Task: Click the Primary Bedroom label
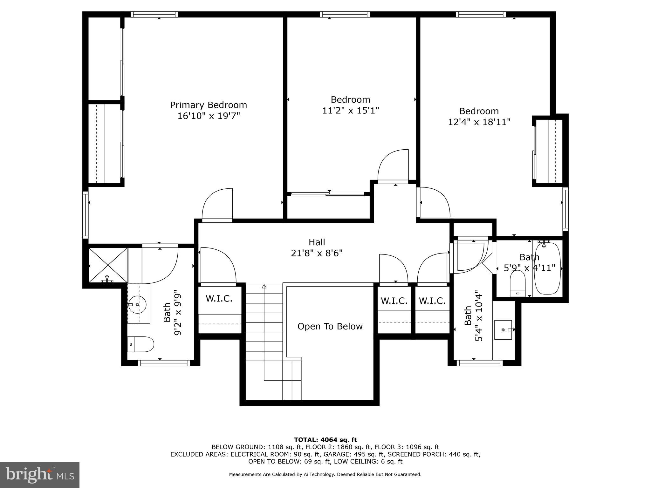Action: [208, 105]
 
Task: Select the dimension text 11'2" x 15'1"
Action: [350, 111]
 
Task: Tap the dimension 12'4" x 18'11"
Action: [479, 122]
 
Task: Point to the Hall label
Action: [317, 242]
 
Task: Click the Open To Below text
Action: [330, 326]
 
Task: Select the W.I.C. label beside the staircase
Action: [219, 298]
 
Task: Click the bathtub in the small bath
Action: [547, 268]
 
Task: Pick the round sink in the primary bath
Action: [137, 304]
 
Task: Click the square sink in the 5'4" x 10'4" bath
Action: [503, 330]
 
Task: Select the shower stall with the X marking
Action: [107, 265]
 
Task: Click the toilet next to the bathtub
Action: [517, 283]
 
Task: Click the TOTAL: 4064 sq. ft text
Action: [325, 440]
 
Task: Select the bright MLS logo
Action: [40, 475]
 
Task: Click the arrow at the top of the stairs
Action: [264, 286]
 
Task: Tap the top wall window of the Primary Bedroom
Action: [154, 14]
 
